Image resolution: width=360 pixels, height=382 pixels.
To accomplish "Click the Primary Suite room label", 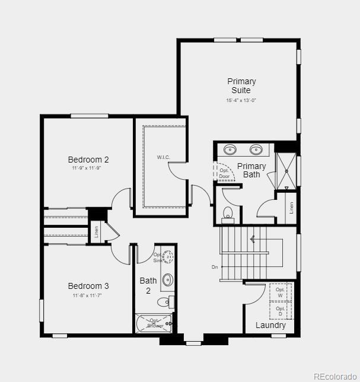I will (x=241, y=85).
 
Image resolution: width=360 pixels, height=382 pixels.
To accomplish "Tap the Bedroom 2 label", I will (x=88, y=160).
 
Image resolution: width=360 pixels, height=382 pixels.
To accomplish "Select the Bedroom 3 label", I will (x=88, y=286).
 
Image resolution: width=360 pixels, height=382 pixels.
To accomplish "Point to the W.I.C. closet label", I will (x=164, y=157).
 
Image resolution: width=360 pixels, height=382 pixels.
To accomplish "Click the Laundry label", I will (x=270, y=325).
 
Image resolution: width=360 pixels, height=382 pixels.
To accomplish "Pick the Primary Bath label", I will (x=251, y=170).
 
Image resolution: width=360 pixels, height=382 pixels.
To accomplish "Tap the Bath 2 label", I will (x=148, y=285).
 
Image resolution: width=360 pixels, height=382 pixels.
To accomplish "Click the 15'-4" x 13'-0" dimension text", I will (x=241, y=101).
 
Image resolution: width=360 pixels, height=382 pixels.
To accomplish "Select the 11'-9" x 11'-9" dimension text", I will (x=88, y=168).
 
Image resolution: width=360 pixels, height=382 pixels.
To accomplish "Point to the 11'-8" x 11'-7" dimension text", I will (x=88, y=295).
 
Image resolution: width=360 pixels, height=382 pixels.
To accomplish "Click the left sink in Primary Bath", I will (x=230, y=149).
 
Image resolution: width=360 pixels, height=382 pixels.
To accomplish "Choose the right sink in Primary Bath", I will (x=257, y=149).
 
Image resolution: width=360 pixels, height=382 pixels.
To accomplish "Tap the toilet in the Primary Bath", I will (x=228, y=212).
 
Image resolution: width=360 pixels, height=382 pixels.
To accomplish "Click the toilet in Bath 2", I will (x=164, y=303).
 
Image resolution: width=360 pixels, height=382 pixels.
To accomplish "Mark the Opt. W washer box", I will (x=281, y=292).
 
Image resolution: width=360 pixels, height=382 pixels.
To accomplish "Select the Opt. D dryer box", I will (x=281, y=311).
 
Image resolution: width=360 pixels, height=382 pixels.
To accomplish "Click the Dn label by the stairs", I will (x=215, y=267).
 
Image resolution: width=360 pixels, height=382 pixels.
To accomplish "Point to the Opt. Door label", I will (x=224, y=173).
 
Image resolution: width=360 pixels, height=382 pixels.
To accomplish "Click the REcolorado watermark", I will (x=334, y=375).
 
